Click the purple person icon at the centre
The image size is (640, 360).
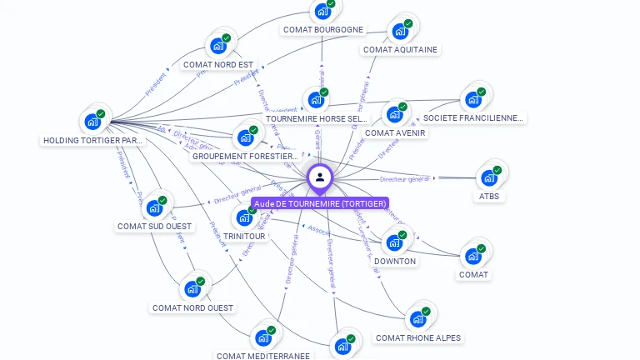tap(320, 177)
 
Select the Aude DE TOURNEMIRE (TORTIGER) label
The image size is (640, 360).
tap(320, 203)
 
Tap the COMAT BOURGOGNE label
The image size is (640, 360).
tap(323, 30)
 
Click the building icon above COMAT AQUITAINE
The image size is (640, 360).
tap(400, 32)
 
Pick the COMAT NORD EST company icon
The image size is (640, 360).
tap(218, 46)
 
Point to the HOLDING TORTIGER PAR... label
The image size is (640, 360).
tap(93, 141)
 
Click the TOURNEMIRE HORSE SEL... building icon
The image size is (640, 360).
tap(315, 101)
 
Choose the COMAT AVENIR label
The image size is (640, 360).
tap(395, 132)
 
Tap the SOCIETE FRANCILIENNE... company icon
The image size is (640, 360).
tap(473, 100)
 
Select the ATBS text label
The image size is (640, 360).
tap(489, 197)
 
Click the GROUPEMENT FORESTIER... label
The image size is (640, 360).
tap(245, 156)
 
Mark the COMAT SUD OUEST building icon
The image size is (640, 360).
tap(153, 207)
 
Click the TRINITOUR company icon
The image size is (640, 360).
tap(244, 217)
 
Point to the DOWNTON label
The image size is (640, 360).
tap(395, 261)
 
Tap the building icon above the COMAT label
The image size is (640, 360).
tap(473, 256)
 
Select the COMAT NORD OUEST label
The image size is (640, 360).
tap(192, 307)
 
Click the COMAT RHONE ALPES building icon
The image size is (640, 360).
tap(417, 319)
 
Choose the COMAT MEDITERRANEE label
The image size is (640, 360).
tap(263, 356)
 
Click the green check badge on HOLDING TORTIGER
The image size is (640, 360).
tap(101, 114)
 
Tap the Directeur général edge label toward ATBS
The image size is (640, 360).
tap(405, 179)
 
